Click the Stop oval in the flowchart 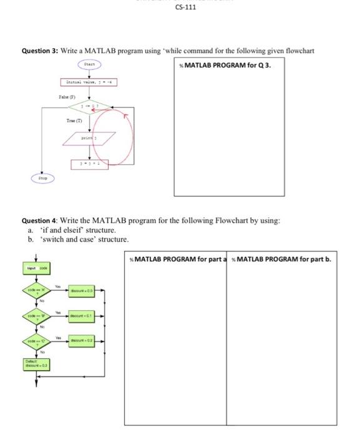click(x=42, y=179)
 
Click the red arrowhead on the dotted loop click(x=126, y=114)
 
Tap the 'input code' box click(x=37, y=266)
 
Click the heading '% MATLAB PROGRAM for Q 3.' click(x=225, y=65)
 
